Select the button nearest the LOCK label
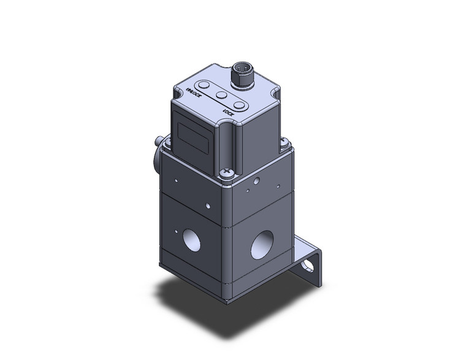coord(241,107)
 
